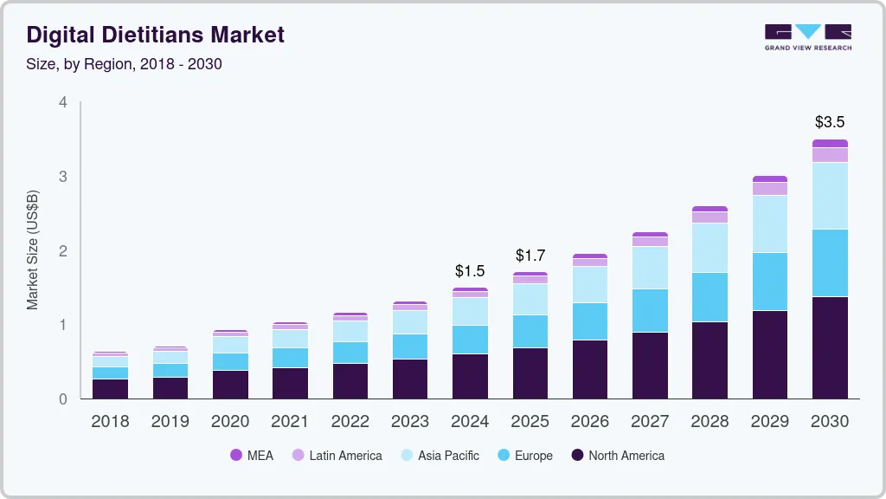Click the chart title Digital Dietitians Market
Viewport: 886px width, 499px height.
[155, 35]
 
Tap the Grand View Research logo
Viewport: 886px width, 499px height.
[807, 37]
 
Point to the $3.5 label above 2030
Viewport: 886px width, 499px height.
[830, 122]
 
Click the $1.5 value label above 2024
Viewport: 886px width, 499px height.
[470, 271]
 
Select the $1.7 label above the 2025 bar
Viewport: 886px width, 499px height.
[530, 256]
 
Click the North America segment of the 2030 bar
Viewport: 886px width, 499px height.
[830, 347]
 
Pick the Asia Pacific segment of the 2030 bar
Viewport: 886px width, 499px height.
[830, 196]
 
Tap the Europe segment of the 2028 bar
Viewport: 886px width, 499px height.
[710, 297]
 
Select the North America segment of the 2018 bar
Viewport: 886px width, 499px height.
[110, 389]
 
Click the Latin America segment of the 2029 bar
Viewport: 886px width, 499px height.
[770, 189]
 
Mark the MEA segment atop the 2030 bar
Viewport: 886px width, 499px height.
[830, 144]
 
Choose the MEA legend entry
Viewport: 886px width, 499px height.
[251, 456]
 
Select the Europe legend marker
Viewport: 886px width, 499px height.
[503, 456]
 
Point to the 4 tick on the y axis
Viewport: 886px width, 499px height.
[62, 102]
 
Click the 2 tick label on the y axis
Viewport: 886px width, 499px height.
[62, 251]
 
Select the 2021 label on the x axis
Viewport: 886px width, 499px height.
[290, 422]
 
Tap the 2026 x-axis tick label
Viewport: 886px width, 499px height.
[590, 422]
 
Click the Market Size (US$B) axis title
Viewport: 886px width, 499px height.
[33, 251]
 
